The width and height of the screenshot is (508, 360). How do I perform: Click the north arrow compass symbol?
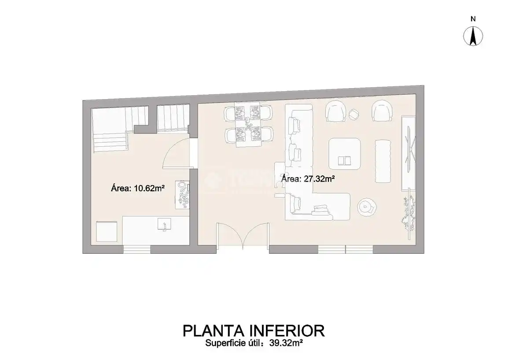click(473, 36)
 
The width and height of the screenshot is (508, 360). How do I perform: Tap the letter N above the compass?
click(473, 19)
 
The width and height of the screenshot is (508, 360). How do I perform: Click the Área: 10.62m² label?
click(138, 188)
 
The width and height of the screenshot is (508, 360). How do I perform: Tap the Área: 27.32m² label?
click(308, 178)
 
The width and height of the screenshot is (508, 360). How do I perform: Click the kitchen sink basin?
click(164, 224)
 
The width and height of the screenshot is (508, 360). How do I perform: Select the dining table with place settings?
click(248, 125)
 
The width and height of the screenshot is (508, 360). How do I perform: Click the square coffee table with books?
click(345, 154)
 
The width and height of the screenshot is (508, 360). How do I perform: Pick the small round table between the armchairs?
click(354, 114)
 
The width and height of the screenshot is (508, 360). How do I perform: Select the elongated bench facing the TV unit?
click(383, 161)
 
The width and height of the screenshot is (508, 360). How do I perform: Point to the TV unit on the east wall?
click(408, 152)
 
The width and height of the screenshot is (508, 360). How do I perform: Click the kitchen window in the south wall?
click(137, 249)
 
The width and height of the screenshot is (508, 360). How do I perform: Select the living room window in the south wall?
click(346, 249)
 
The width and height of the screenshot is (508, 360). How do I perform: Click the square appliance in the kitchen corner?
click(107, 231)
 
